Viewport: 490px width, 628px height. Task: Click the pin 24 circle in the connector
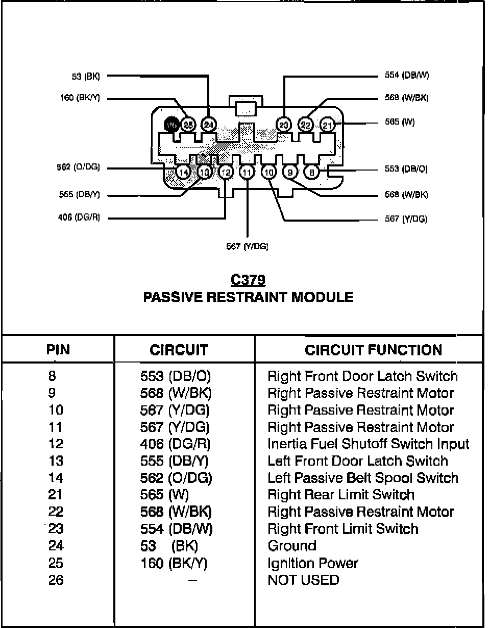209,124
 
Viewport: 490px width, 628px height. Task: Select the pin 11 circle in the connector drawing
247,173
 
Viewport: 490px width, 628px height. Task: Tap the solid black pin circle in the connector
171,124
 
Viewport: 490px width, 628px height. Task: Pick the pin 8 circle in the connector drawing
312,172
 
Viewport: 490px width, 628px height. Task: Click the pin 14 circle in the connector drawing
183,172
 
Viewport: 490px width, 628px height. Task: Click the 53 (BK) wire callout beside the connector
86,77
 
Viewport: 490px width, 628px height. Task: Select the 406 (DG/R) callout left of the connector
80,218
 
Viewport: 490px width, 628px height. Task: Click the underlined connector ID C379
248,280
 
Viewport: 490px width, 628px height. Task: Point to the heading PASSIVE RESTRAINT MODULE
248,297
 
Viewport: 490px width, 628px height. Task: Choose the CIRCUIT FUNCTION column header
373,350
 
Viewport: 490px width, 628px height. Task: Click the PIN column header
58,350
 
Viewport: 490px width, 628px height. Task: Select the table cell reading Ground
292,546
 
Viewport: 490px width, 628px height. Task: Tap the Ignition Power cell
313,563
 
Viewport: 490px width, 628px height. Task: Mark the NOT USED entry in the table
303,580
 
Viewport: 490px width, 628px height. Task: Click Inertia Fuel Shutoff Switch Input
368,444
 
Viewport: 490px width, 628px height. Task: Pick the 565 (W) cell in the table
164,495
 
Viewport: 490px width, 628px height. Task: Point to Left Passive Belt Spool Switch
363,478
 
